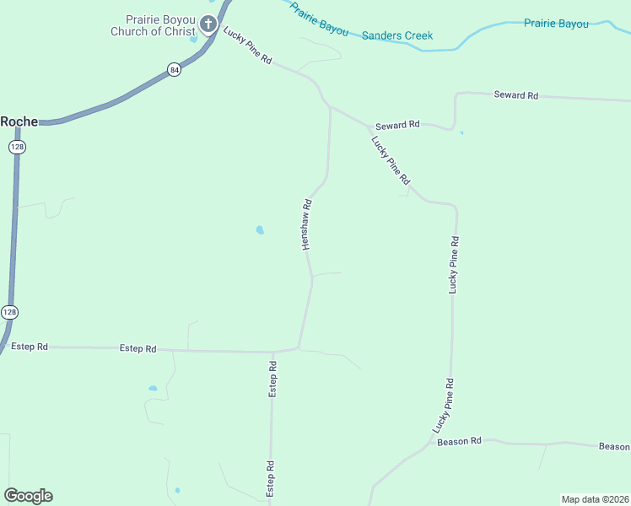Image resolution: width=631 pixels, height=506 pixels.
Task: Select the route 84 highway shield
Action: tap(174, 70)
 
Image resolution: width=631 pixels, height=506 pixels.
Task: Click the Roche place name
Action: tap(19, 121)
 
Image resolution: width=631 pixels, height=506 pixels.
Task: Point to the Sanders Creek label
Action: tap(396, 35)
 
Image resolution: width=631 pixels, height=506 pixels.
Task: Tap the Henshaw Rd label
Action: tap(308, 224)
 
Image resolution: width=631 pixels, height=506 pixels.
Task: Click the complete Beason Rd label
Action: tap(459, 441)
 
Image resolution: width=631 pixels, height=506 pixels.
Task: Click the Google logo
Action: tap(28, 496)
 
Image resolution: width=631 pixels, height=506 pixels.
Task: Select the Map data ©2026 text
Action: tap(595, 499)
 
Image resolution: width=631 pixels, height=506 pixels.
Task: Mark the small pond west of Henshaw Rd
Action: tap(260, 229)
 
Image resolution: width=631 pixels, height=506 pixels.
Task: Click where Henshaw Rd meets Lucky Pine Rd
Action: tap(330, 107)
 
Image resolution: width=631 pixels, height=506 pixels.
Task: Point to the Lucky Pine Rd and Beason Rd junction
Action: tap(433, 441)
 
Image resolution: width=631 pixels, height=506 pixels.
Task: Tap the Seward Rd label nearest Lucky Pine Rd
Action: tap(397, 125)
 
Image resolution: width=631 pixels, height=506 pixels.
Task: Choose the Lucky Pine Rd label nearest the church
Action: tap(248, 46)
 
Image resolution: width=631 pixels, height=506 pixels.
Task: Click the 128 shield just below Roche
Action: tap(18, 147)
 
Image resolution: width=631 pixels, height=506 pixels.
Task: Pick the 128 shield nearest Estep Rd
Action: tap(8, 311)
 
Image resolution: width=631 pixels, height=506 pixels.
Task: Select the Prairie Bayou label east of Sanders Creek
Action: tap(556, 24)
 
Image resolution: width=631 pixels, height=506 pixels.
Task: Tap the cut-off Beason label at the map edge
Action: tap(614, 446)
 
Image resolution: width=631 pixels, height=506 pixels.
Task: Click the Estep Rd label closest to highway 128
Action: tap(30, 346)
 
